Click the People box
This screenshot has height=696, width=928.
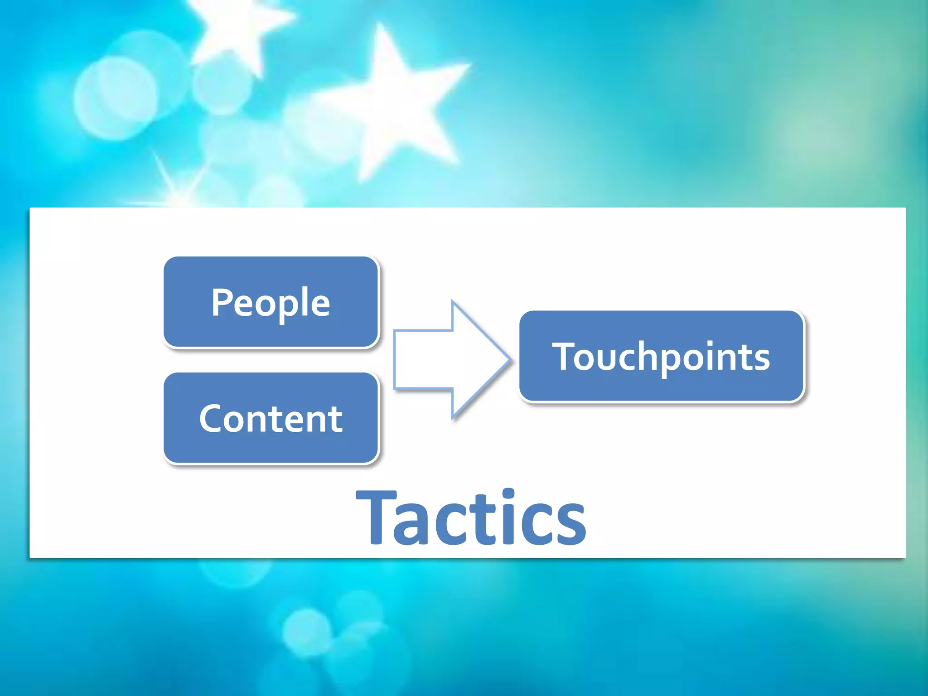tap(271, 302)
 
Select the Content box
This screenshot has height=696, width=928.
tap(271, 418)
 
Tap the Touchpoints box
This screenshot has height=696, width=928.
tap(661, 356)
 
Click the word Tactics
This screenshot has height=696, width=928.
tap(471, 517)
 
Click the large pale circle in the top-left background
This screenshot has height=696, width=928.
tap(116, 97)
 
